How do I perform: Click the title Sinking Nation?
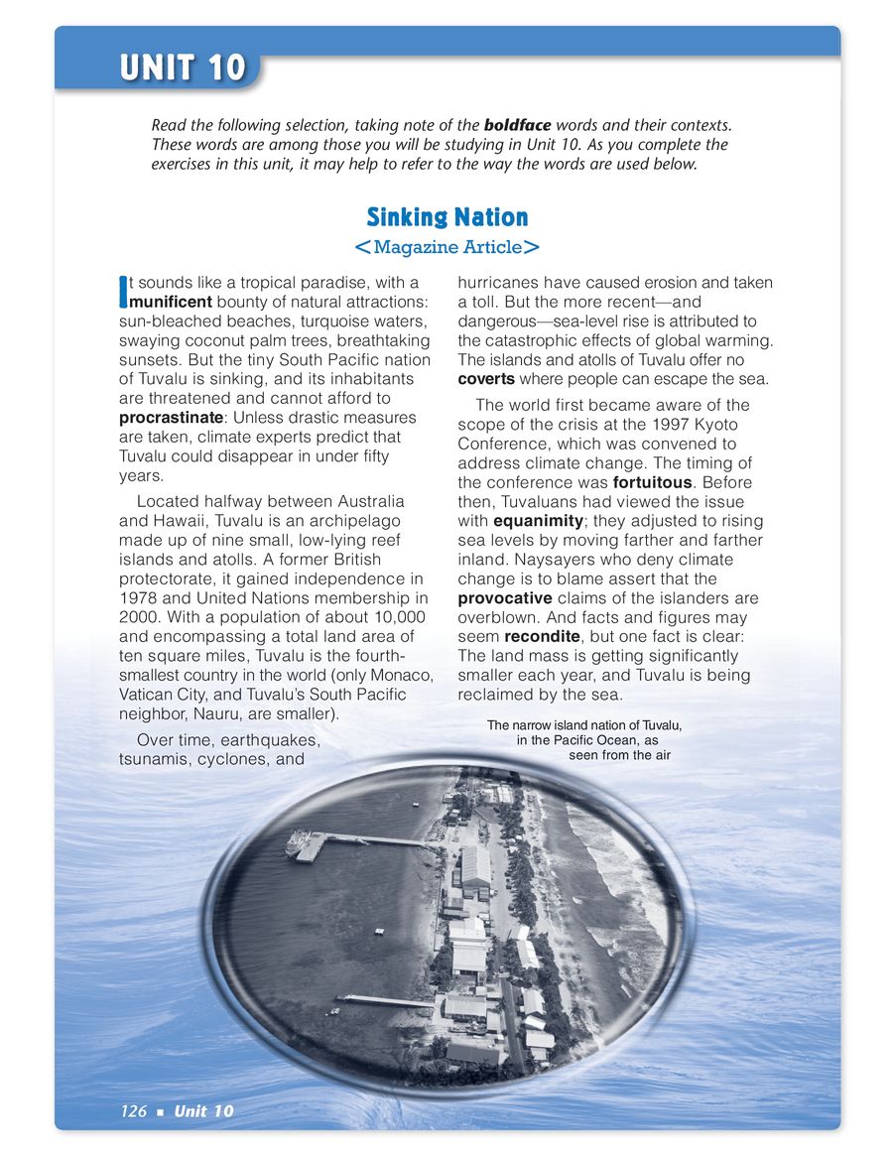tap(446, 216)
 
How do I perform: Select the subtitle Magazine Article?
tap(446, 247)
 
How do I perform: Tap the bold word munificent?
tap(171, 301)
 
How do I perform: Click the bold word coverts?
tap(486, 378)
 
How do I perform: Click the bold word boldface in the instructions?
tap(517, 126)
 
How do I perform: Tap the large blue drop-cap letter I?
tap(123, 291)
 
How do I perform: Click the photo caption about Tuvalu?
tap(585, 740)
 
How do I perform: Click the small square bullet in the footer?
tap(160, 1111)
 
